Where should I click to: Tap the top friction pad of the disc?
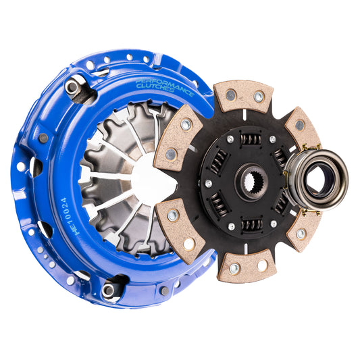244,97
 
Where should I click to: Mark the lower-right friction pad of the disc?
303,229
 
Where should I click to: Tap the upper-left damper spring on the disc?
217,161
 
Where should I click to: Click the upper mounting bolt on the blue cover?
72,87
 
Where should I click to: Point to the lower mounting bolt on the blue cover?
108,290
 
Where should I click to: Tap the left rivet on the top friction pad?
230,95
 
